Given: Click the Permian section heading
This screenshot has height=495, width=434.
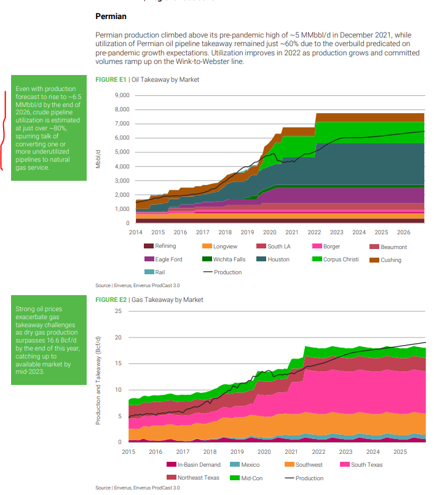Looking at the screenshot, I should [x=111, y=17].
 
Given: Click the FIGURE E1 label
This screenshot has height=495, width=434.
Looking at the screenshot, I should [x=111, y=79].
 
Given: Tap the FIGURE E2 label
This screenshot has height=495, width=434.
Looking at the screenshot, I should [x=111, y=299].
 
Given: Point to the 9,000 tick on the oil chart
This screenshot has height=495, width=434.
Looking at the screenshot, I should [x=122, y=95].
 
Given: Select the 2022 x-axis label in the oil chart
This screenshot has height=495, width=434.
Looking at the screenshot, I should [x=314, y=232].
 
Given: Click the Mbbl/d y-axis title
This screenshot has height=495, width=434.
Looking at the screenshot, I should [x=98, y=158].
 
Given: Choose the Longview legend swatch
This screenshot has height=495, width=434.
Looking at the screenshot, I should [x=207, y=247].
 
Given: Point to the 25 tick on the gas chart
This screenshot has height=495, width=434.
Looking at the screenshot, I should [x=119, y=311].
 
